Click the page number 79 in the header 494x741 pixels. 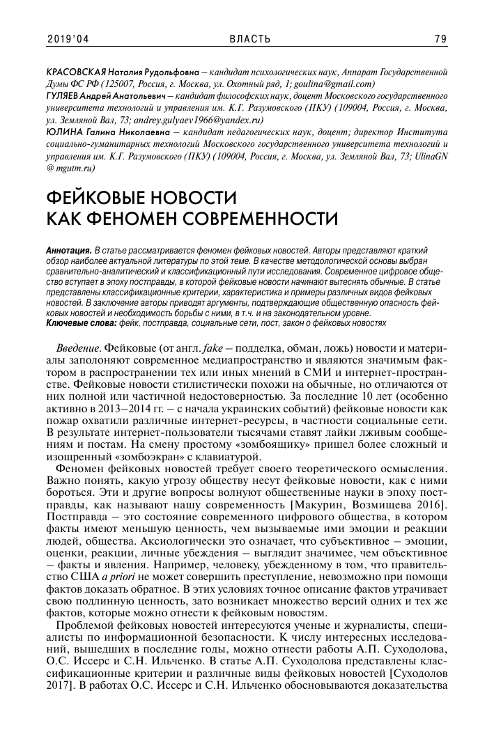(440, 39)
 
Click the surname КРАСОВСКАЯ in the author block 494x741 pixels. (75, 72)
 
